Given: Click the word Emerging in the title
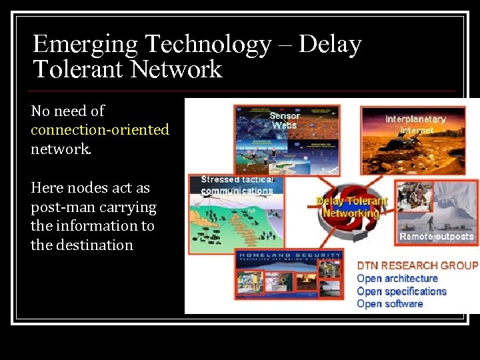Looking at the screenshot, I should click(85, 45).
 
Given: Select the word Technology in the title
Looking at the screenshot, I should click(207, 45).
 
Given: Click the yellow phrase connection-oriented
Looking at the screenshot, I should click(100, 129).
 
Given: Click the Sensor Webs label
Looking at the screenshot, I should click(285, 120).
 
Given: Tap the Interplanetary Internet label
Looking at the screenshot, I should click(415, 125).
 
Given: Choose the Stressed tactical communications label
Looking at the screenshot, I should click(237, 185).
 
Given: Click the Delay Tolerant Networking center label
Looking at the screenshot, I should click(351, 207).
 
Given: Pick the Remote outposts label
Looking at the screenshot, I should click(436, 237).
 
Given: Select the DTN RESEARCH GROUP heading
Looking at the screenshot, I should click(417, 265).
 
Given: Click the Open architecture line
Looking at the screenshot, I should click(397, 278).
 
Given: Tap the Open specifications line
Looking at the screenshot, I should click(401, 291).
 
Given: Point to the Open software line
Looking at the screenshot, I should click(390, 303).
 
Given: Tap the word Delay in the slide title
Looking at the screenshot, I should click(330, 45).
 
